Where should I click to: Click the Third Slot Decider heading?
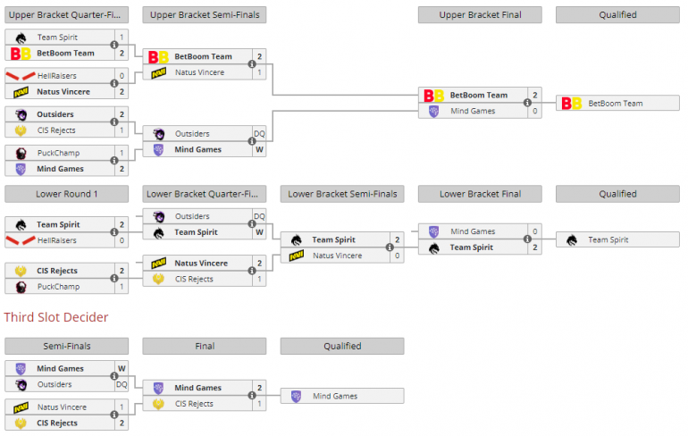[x=56, y=317]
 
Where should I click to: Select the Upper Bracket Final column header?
[x=480, y=15]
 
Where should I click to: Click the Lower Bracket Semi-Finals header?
[x=342, y=194]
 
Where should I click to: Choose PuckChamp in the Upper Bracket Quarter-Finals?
[x=59, y=153]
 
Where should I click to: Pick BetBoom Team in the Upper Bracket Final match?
[x=478, y=95]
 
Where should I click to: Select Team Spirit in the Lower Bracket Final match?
[x=472, y=247]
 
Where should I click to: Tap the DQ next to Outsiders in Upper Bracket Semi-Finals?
[x=259, y=134]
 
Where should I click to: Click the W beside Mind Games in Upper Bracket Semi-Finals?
[x=259, y=150]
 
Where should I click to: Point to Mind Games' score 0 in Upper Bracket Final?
[x=535, y=111]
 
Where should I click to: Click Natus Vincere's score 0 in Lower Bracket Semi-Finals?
[x=398, y=256]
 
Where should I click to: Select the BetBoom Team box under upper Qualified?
[x=617, y=104]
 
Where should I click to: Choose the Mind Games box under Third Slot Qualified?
[x=342, y=396]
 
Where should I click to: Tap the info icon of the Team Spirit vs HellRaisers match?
[x=114, y=233]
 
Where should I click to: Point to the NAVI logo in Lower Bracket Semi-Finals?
[x=296, y=256]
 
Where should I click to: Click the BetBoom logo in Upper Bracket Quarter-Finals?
[x=20, y=54]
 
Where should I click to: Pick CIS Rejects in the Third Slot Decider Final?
[x=194, y=404]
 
